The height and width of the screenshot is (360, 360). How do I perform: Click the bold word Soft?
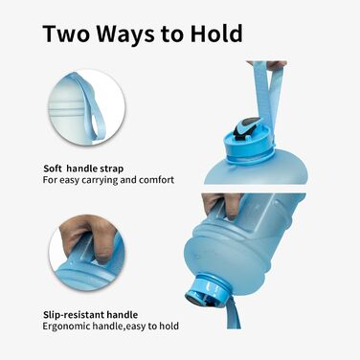pos(55,168)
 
